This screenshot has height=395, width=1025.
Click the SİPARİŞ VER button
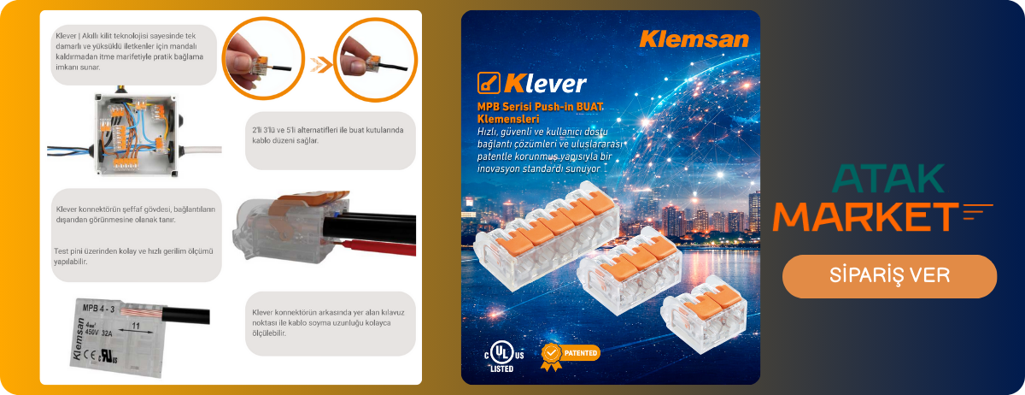[889, 276]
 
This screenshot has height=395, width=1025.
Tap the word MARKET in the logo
[864, 215]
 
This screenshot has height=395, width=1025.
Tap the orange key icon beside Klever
[488, 83]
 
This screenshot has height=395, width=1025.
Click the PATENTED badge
[571, 353]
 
